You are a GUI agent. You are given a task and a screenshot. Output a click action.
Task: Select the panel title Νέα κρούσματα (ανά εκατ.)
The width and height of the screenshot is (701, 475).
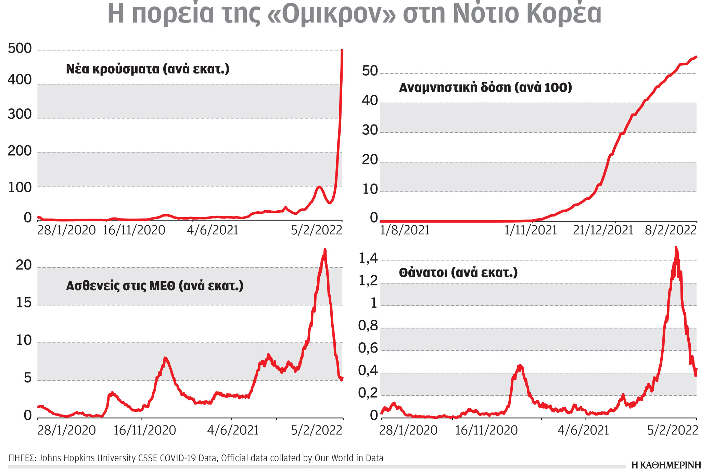[148, 69]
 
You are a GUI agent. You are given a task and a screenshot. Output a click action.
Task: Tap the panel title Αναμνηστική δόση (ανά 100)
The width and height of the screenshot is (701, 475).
[485, 88]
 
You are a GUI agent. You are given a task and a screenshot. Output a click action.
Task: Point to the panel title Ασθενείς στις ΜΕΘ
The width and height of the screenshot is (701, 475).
[154, 286]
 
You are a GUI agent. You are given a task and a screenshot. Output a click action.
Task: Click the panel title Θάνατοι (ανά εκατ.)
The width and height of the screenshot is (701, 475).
[458, 273]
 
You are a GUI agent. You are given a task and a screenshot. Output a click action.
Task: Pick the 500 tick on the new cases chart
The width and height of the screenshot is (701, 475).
[20, 49]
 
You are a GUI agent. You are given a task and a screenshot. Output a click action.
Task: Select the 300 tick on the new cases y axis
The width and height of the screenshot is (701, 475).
[20, 114]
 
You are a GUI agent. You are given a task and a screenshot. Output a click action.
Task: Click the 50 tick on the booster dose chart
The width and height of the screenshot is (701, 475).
[370, 71]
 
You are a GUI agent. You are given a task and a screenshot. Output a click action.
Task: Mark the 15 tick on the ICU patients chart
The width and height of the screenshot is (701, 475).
[24, 303]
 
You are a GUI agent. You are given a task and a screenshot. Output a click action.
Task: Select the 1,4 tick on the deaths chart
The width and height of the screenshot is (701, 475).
[368, 259]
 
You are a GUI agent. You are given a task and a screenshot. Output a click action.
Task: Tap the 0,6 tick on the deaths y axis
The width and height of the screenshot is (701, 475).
[368, 348]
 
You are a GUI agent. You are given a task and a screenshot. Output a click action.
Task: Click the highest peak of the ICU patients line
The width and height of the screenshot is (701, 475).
[325, 250]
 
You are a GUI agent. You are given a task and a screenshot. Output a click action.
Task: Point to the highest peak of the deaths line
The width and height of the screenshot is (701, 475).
[676, 248]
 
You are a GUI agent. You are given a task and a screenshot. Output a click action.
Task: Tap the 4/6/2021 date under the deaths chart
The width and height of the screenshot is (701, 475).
[583, 430]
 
